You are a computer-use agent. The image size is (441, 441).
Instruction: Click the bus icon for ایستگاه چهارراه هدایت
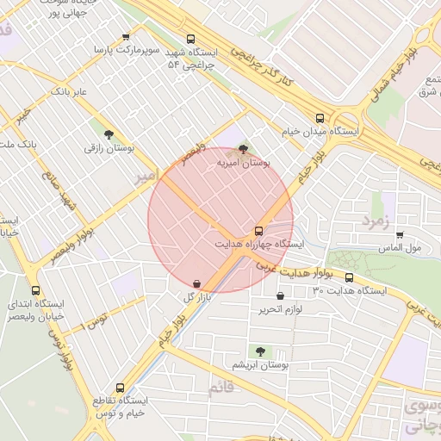258,231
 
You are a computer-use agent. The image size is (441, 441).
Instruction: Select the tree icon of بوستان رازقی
108,134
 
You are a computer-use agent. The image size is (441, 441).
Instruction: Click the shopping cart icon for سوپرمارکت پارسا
126,36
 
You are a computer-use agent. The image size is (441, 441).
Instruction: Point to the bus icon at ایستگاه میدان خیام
320,118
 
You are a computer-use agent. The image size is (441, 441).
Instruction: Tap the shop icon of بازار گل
197,283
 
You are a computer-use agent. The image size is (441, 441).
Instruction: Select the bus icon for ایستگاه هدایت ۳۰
349,277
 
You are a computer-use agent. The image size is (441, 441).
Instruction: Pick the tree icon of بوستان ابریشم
260,351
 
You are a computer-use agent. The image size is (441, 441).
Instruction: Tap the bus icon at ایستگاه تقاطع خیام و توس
119,388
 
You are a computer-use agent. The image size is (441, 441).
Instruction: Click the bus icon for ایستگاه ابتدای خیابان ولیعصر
35,290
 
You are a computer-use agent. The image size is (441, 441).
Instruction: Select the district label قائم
221,389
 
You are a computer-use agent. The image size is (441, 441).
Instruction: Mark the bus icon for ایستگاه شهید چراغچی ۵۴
190,38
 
